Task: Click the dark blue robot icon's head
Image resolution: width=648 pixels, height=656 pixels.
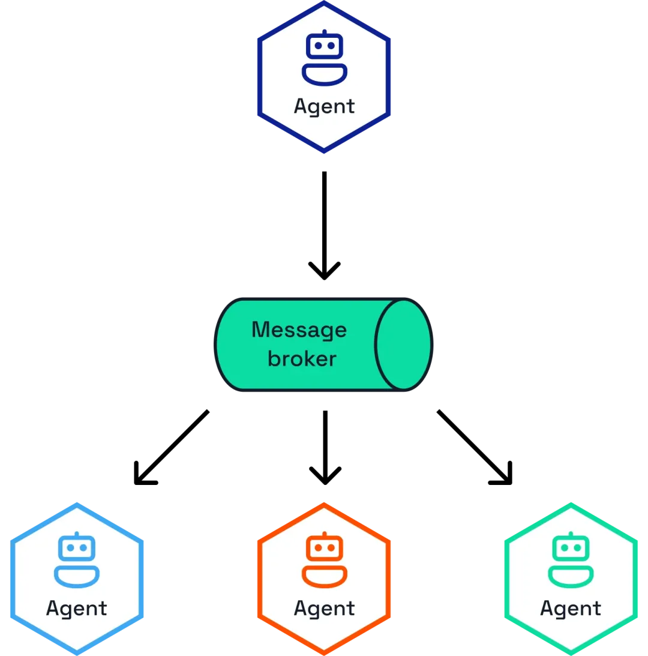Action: point(324,46)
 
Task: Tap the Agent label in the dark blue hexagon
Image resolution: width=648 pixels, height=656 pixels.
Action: point(324,106)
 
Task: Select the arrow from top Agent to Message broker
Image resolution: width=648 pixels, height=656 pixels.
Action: point(324,225)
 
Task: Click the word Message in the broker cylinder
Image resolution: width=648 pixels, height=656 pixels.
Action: point(299,330)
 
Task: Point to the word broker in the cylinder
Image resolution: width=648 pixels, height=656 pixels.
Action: point(302,358)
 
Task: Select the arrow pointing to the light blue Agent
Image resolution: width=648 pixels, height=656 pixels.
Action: point(171,447)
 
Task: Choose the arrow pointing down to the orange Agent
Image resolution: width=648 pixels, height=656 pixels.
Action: point(325,447)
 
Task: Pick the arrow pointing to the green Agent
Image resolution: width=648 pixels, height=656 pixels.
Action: point(475,447)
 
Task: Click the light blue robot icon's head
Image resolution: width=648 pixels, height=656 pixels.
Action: point(77,547)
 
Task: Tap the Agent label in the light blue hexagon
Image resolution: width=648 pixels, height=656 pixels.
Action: point(77,609)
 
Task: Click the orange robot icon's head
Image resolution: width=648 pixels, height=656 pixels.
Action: point(324,547)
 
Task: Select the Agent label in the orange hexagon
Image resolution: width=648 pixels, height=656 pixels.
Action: point(324,609)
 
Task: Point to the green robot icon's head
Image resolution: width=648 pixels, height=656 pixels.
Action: point(571,547)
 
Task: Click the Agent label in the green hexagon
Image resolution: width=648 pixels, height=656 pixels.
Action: point(571,609)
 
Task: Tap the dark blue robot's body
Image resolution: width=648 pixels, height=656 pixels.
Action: point(324,81)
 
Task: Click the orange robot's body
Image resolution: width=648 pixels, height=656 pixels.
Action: point(324,583)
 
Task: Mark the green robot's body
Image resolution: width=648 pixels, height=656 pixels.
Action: point(571,583)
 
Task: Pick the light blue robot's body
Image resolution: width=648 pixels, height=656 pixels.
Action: point(77,583)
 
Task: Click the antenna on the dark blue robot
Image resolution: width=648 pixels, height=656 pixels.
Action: point(324,31)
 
